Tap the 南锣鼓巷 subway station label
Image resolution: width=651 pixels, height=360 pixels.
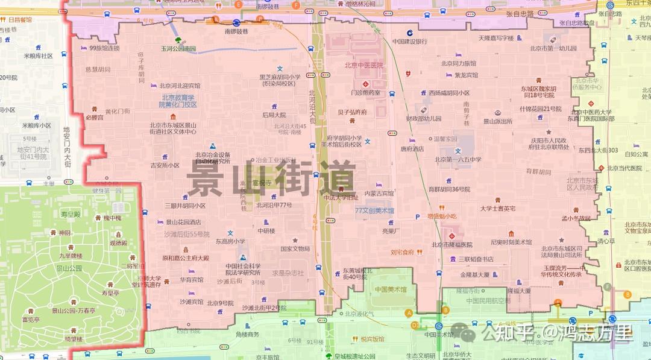[x=236, y=31]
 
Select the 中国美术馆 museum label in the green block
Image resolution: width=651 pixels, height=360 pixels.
[x=391, y=289]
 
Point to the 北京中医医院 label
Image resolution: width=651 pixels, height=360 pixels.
[x=363, y=65]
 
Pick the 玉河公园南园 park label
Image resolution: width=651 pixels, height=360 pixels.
[x=178, y=48]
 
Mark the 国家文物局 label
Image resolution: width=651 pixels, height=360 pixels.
[x=295, y=248]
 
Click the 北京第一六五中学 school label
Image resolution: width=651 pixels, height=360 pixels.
[x=458, y=160]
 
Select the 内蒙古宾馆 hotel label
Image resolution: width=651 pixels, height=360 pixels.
[x=379, y=194]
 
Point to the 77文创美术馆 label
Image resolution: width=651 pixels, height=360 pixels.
[x=374, y=211]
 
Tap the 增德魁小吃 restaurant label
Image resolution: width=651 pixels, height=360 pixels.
[x=442, y=216]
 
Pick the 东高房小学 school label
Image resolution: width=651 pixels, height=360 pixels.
[x=230, y=241]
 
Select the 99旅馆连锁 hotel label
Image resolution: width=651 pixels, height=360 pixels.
[x=104, y=48]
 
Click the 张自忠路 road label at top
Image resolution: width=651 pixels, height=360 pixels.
[x=520, y=13]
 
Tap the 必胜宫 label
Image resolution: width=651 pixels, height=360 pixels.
[x=94, y=118]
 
